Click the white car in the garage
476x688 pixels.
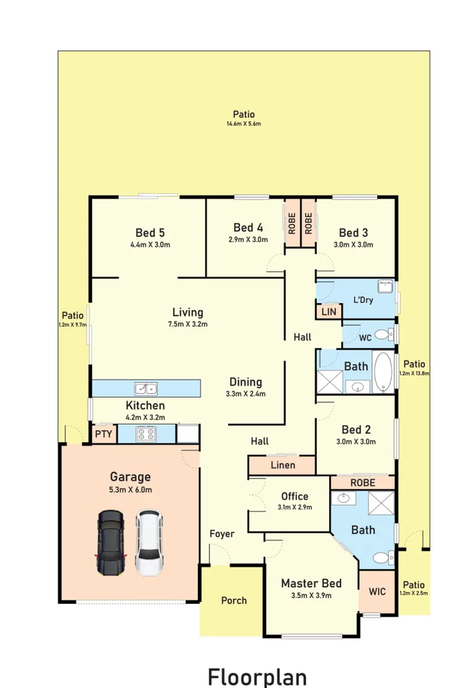click(149, 543)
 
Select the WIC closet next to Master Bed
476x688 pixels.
click(377, 591)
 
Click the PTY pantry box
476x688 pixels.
click(103, 434)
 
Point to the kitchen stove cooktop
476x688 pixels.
click(146, 434)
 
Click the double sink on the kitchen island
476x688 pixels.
click(145, 388)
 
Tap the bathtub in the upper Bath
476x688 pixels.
click(383, 372)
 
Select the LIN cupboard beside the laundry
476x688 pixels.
click(328, 312)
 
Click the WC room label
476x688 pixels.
click(365, 338)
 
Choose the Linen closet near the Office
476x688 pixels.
click(283, 465)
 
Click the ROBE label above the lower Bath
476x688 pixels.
click(363, 482)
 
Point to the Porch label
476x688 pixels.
click(234, 601)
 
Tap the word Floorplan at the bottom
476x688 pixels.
click(257, 675)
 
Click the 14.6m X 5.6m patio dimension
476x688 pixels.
click(243, 124)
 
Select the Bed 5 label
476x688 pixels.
click(150, 233)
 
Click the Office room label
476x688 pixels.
click(294, 496)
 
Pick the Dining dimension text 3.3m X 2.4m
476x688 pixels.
click(246, 394)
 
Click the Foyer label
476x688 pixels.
click(222, 534)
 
